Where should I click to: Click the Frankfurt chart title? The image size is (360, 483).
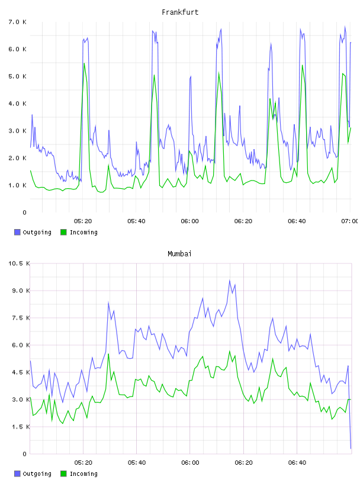click(x=180, y=12)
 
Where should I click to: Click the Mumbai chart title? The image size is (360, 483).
click(x=179, y=254)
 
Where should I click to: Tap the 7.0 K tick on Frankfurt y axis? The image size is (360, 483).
click(x=18, y=22)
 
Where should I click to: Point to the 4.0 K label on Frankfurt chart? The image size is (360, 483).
click(x=18, y=104)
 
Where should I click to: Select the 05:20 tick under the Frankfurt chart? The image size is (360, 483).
click(x=83, y=221)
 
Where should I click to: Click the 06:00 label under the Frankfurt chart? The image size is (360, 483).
click(x=190, y=221)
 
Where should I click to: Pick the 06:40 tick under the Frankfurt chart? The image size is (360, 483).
click(x=297, y=221)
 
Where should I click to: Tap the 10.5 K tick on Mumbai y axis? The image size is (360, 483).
click(x=19, y=263)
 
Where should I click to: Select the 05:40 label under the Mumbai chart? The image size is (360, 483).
click(x=137, y=462)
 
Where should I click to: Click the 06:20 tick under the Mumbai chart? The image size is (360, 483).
click(x=243, y=462)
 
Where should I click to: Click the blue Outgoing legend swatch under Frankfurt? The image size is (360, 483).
click(x=17, y=232)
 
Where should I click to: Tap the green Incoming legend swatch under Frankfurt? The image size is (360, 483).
click(x=63, y=232)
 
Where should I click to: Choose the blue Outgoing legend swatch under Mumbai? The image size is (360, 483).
click(x=17, y=474)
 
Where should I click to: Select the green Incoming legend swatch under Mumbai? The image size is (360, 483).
click(x=63, y=474)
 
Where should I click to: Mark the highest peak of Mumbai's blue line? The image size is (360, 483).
click(x=230, y=281)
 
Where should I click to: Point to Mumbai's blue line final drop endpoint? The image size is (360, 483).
click(x=351, y=448)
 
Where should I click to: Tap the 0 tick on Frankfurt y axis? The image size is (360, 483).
click(x=25, y=212)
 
